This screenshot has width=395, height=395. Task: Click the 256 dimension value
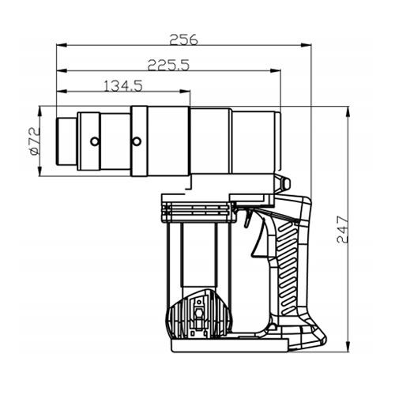point(183,39)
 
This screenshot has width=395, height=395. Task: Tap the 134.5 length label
point(122,86)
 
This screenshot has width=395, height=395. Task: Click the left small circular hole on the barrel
point(95,142)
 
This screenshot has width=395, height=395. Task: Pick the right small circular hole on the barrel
point(136,142)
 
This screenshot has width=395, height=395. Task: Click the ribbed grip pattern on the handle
point(288,261)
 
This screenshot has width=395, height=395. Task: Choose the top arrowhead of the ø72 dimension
point(44,110)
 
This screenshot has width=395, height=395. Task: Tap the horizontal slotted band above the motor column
point(197,211)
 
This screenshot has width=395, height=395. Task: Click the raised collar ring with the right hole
point(138,142)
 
